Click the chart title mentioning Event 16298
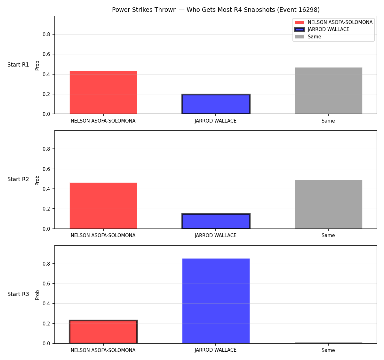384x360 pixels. [216, 10]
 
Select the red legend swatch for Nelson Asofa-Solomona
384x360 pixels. [299, 22]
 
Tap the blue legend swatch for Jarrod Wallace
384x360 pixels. [299, 29]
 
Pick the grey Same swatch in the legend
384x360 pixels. [299, 37]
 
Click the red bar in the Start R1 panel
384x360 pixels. [103, 92]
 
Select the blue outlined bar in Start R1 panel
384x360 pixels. [216, 104]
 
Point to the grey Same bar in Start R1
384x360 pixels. [328, 91]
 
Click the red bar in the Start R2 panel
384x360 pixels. [103, 206]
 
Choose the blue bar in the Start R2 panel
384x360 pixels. [216, 221]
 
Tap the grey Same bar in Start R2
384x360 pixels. [328, 204]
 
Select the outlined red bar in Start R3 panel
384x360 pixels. [103, 332]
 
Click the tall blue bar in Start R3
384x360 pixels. [216, 301]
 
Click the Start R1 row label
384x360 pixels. [18, 65]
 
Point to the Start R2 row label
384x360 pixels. [18, 179]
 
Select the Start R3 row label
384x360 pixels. [18, 294]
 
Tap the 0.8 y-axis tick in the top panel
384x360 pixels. [46, 35]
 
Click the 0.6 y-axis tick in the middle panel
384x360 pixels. [46, 169]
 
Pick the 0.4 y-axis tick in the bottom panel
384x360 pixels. [46, 303]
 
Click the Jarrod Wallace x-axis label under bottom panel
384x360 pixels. [216, 350]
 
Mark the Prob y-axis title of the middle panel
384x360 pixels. [37, 180]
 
